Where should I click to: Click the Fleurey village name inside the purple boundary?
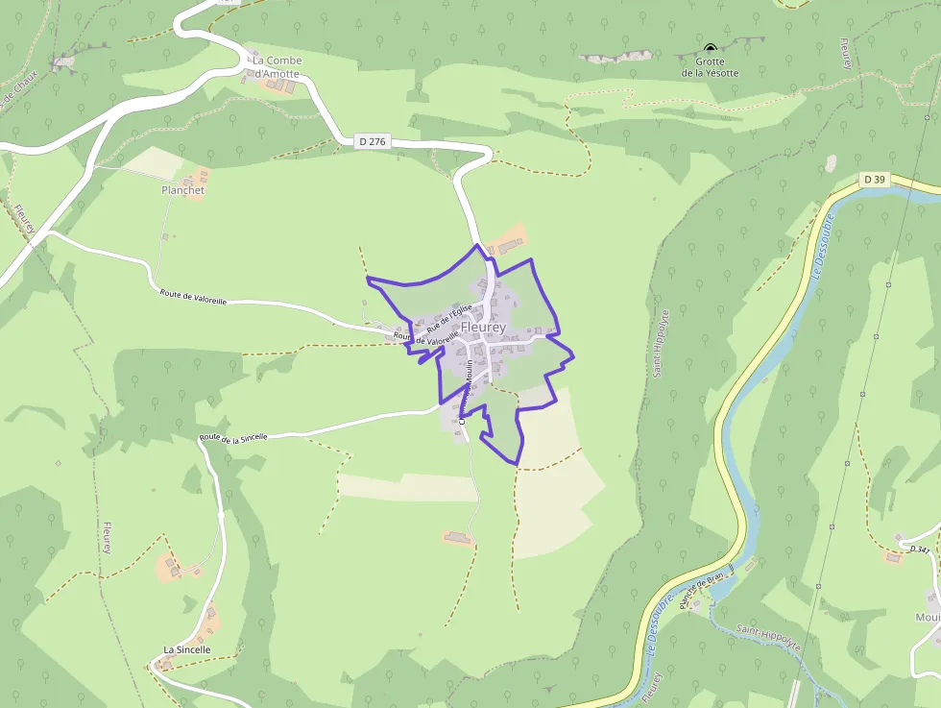[483, 328]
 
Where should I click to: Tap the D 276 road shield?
[372, 142]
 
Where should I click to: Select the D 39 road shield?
[873, 180]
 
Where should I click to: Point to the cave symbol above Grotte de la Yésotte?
[711, 48]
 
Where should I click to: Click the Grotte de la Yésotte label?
[711, 67]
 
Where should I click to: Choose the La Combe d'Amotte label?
[277, 67]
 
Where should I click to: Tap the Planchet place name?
[183, 190]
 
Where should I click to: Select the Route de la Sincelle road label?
[233, 437]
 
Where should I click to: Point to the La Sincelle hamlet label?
[186, 649]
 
